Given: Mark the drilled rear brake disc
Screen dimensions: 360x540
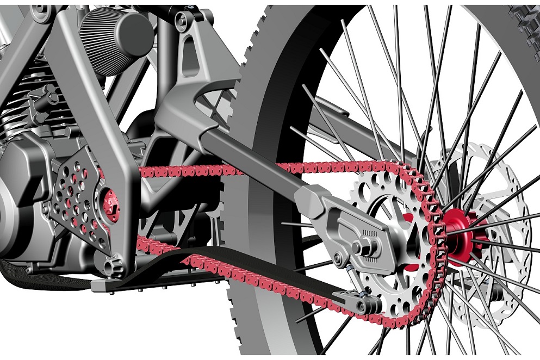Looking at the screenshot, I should click(x=492, y=179).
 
